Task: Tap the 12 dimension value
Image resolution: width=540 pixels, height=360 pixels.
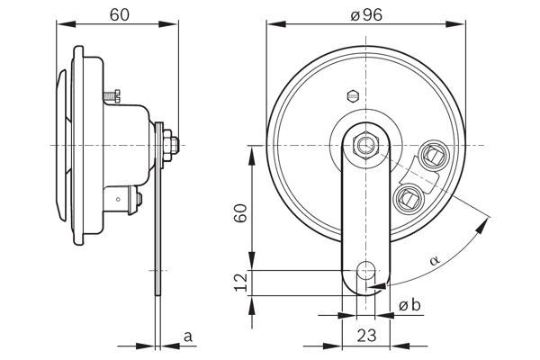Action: [x=238, y=282]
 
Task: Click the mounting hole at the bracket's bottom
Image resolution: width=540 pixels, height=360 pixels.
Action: [x=365, y=269]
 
